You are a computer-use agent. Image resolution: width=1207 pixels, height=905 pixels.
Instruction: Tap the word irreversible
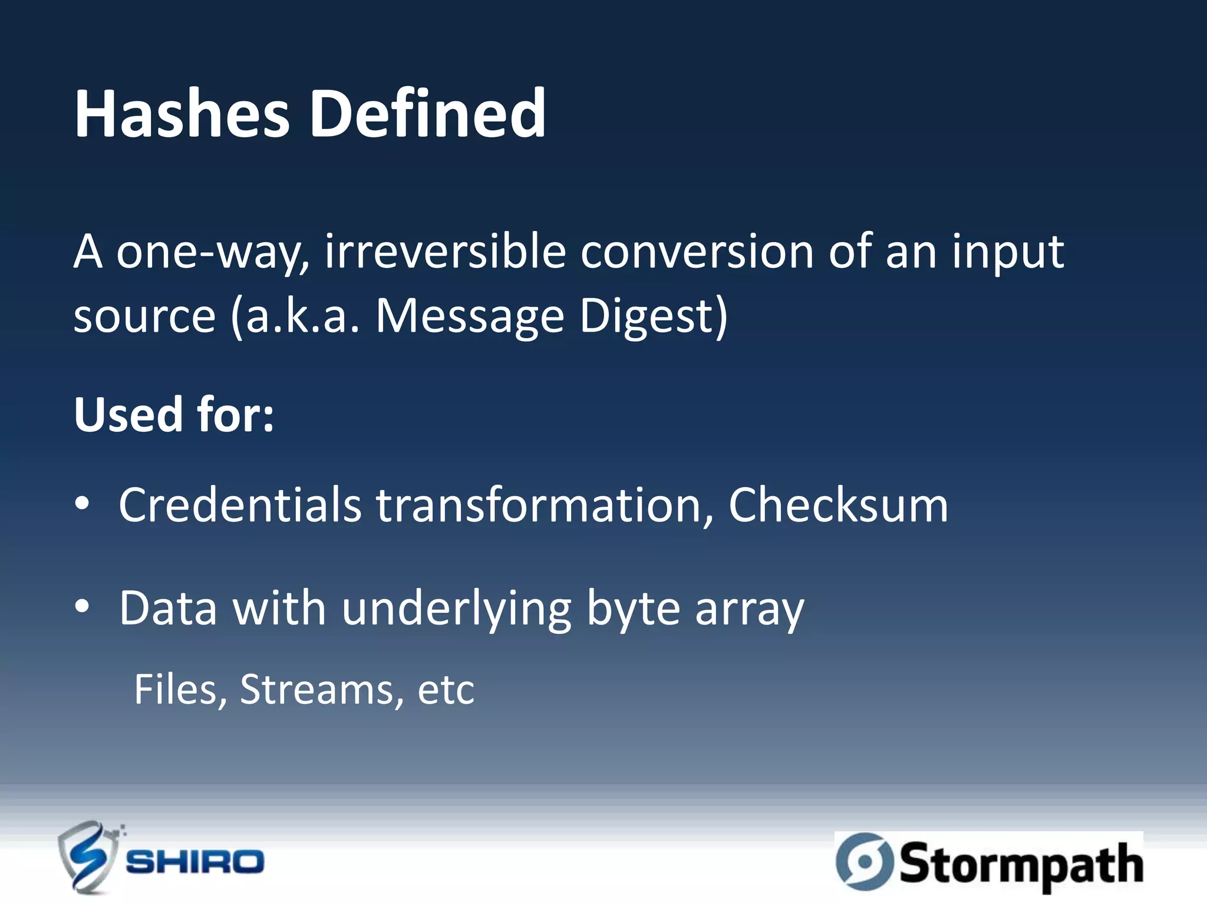(x=445, y=252)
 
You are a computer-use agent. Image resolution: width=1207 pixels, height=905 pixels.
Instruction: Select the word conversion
(x=697, y=252)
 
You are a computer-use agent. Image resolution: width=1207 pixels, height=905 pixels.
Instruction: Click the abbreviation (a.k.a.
(x=295, y=317)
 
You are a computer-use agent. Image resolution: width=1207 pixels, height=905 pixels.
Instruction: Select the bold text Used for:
(x=174, y=415)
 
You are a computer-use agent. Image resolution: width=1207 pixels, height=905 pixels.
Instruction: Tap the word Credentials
(x=240, y=506)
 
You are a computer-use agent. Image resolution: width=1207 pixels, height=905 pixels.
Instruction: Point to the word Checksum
(x=838, y=506)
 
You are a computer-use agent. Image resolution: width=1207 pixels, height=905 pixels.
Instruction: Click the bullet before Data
(x=83, y=607)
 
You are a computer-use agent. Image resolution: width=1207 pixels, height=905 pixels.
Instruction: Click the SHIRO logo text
(x=194, y=862)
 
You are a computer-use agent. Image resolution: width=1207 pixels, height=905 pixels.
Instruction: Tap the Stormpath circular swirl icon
(x=865, y=861)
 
